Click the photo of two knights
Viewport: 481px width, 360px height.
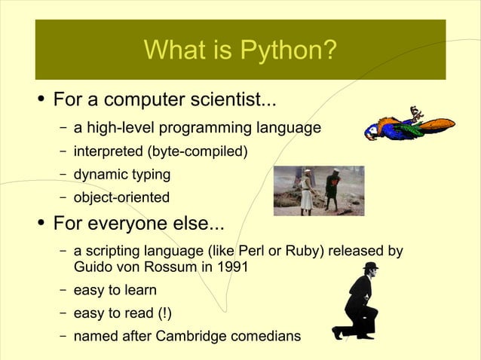point(318,191)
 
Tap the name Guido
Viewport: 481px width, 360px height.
point(93,267)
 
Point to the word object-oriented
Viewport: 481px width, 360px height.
point(121,198)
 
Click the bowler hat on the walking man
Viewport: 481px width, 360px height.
point(369,267)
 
